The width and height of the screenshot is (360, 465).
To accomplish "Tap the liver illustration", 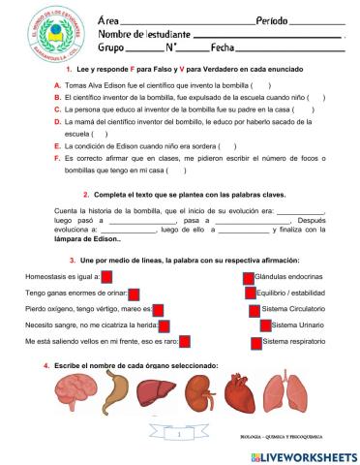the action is [158, 393].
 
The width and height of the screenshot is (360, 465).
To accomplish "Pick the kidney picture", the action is [199, 394].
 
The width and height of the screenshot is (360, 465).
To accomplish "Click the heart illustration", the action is [242, 394].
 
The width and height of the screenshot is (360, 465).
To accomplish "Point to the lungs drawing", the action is [285, 394].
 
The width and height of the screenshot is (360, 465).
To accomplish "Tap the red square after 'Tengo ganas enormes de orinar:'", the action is [135, 293].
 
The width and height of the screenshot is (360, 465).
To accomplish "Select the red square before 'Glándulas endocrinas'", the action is [249, 276].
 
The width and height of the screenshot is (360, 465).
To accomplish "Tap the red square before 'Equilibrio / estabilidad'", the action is [249, 293].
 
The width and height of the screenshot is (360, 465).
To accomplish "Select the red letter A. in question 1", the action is [58, 85].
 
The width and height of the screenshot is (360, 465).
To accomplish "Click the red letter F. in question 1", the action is [58, 157].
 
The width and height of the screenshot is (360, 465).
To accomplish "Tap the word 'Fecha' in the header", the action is [223, 46].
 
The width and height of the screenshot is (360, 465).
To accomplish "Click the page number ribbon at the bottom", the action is [180, 437].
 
